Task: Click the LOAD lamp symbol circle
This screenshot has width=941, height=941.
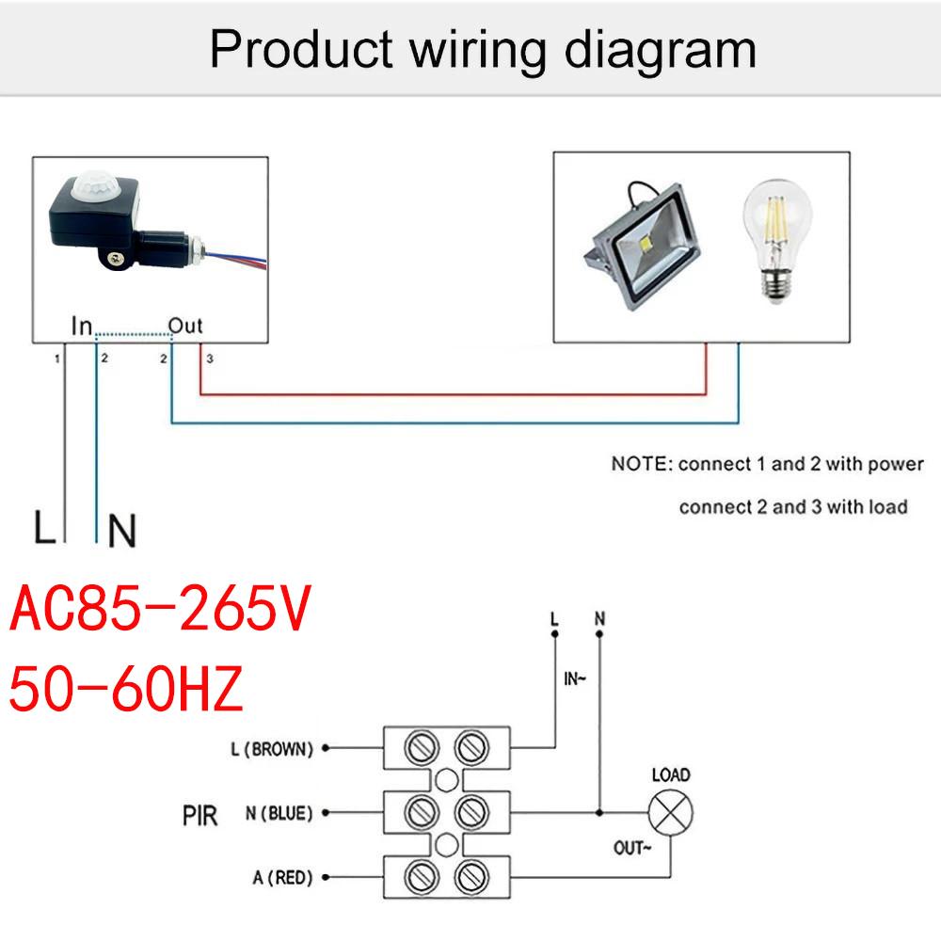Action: pos(670,812)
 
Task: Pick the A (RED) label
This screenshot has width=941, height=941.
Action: pos(281,878)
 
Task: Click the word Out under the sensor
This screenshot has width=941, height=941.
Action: pos(185,327)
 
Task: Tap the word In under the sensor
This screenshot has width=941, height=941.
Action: pos(83,327)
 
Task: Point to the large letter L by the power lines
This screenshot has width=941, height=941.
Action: pos(43,529)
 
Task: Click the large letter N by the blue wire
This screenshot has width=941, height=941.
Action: pos(122,531)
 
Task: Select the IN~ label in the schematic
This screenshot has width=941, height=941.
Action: pos(575,678)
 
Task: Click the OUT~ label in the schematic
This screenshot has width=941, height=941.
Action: pos(632,848)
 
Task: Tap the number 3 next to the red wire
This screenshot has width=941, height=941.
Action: pos(210,359)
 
